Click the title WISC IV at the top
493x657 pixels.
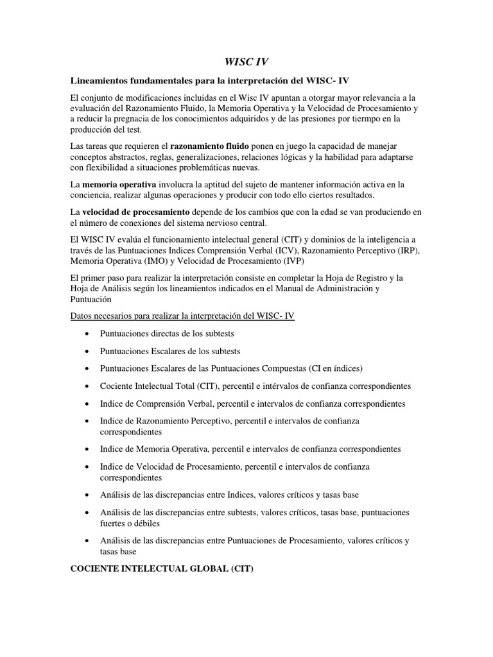point(246,62)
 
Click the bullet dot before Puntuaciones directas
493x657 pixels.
point(87,334)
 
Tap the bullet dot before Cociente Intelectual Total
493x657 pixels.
point(87,387)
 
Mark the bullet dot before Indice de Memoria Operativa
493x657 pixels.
point(87,449)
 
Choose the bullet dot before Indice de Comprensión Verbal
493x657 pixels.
point(87,404)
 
